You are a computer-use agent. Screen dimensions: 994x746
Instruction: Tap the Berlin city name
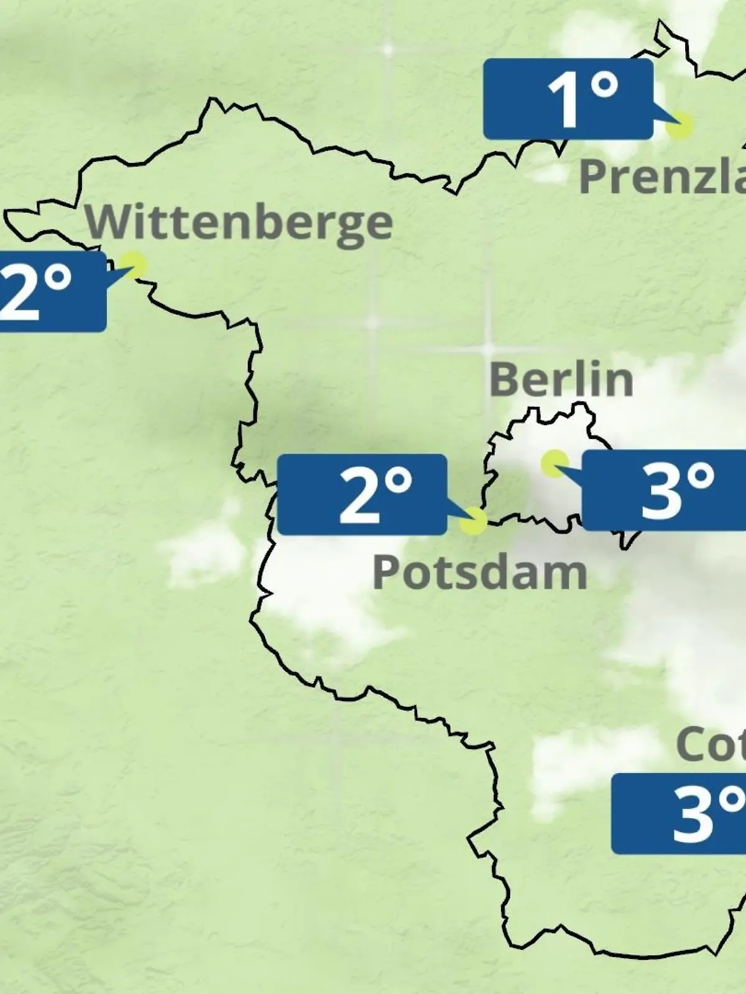coord(561,380)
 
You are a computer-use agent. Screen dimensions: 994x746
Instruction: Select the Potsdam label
coord(480,572)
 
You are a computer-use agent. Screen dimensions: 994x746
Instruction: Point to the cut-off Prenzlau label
coord(663,176)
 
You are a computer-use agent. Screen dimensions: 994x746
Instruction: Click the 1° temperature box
coord(568,99)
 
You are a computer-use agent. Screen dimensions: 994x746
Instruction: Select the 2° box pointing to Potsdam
coord(362,495)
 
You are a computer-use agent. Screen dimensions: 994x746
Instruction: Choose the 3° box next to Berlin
coord(664,491)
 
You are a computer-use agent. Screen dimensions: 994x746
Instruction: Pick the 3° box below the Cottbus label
coord(679,814)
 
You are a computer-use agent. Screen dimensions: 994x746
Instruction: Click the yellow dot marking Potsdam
coord(474,521)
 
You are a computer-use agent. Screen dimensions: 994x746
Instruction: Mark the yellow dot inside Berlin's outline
coord(555,463)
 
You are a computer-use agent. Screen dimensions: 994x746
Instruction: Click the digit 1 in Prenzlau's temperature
coord(564,101)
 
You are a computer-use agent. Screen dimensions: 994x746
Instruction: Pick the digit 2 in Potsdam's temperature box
coord(358,495)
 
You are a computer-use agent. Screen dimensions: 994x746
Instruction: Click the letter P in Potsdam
coord(385,572)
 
